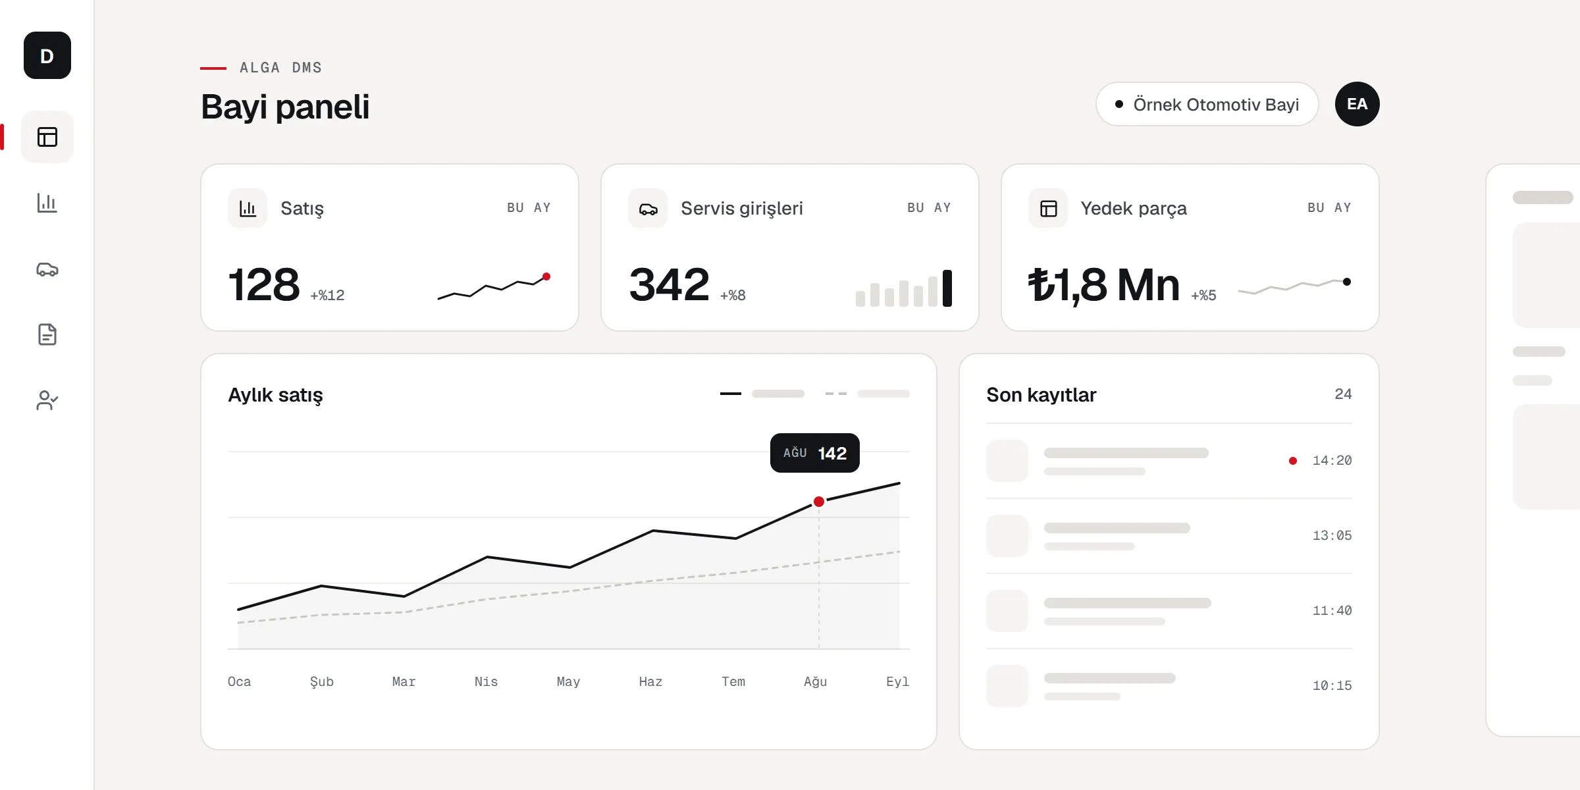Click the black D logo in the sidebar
click(x=47, y=55)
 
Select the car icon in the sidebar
click(x=47, y=269)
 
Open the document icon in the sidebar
click(x=47, y=334)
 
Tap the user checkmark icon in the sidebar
click(x=47, y=400)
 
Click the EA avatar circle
click(x=1357, y=104)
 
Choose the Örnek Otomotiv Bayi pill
click(x=1207, y=104)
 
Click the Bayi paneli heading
click(x=285, y=107)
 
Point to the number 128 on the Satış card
click(x=264, y=285)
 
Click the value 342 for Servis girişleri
click(x=669, y=285)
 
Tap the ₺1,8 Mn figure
click(x=1104, y=286)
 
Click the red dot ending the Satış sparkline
click(x=546, y=276)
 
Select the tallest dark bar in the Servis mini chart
click(x=947, y=288)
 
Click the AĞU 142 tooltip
click(x=815, y=453)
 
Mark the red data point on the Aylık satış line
click(x=819, y=502)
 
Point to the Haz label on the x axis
click(x=650, y=682)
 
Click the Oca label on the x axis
click(x=240, y=682)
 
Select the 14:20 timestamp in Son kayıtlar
click(x=1332, y=461)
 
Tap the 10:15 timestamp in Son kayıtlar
click(x=1332, y=686)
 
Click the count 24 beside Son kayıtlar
click(x=1343, y=394)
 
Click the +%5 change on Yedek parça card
click(x=1203, y=296)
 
